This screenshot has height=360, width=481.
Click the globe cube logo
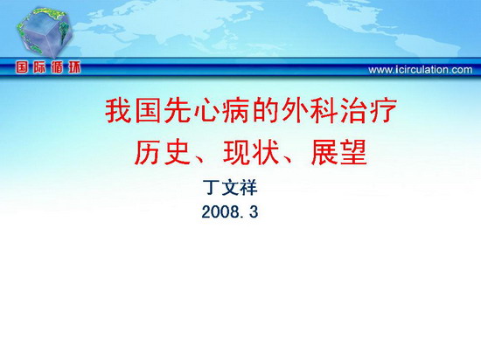pyautogui.click(x=45, y=32)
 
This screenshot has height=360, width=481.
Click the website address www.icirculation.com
pyautogui.click(x=421, y=70)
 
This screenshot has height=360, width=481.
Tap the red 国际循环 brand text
pyautogui.click(x=48, y=67)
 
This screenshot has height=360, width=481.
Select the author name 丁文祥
pyautogui.click(x=230, y=188)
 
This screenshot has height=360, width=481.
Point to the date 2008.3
pyautogui.click(x=230, y=211)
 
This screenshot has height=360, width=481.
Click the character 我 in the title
pyautogui.click(x=118, y=111)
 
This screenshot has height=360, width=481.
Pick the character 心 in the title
pyautogui.click(x=206, y=111)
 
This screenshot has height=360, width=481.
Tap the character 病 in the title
pyautogui.click(x=235, y=111)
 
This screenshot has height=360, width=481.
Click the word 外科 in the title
pyautogui.click(x=309, y=111)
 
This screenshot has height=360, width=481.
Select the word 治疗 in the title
pyautogui.click(x=367, y=111)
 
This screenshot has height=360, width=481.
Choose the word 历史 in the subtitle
pyautogui.click(x=162, y=152)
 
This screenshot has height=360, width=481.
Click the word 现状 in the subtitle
pyautogui.click(x=250, y=152)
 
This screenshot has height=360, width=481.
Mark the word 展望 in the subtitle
pyautogui.click(x=338, y=152)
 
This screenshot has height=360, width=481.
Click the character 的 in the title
pyautogui.click(x=265, y=111)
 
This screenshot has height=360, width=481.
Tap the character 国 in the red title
pyautogui.click(x=147, y=111)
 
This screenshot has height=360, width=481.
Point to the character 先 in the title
pyautogui.click(x=177, y=111)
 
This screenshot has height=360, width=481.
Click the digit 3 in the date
pyautogui.click(x=254, y=211)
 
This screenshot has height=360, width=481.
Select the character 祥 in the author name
pyautogui.click(x=248, y=188)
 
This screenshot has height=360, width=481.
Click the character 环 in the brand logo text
pyautogui.click(x=74, y=67)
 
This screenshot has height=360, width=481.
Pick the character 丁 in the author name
pyautogui.click(x=212, y=188)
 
